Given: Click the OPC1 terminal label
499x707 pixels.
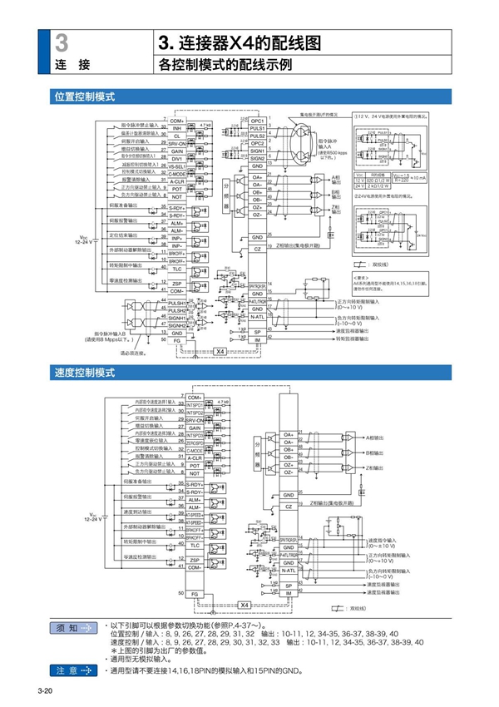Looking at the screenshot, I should (257, 121).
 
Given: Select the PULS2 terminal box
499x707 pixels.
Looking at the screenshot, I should (257, 136).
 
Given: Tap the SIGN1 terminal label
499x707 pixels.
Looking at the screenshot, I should (257, 151).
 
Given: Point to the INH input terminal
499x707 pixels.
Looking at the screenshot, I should (176, 129).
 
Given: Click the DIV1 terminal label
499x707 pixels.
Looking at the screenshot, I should (176, 158).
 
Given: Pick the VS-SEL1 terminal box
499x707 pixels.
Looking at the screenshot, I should (176, 166).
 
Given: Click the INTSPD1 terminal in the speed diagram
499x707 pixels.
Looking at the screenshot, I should (195, 404).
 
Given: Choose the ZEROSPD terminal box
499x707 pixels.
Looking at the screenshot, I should (195, 442).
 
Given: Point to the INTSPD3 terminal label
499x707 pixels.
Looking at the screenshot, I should (195, 434).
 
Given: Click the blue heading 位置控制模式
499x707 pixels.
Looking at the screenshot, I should (84, 97).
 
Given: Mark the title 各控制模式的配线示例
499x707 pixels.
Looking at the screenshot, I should (225, 64).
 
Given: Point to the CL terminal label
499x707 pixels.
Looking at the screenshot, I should (176, 136).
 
